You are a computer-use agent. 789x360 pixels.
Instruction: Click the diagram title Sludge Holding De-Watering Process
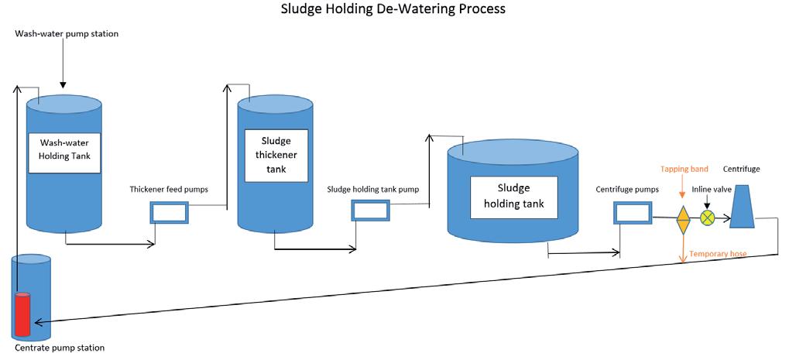[x=394, y=9]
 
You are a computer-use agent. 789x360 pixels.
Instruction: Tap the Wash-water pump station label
[x=67, y=35]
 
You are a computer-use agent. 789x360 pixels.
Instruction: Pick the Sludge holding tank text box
[x=514, y=197]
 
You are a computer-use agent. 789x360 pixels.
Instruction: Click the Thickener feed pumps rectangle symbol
[x=169, y=212]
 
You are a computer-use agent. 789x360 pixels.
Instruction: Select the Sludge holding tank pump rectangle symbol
[x=372, y=211]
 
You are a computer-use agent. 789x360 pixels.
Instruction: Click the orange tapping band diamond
[x=683, y=219]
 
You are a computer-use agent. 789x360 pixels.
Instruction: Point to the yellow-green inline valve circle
[x=707, y=218]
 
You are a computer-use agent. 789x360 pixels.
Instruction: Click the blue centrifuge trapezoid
[x=743, y=207]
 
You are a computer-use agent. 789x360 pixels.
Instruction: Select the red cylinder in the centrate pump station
[x=22, y=314]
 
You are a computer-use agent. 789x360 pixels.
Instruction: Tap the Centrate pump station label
[x=59, y=348]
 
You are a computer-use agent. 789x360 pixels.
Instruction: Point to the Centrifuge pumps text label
[x=627, y=189]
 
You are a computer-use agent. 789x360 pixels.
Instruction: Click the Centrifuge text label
[x=741, y=168]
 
